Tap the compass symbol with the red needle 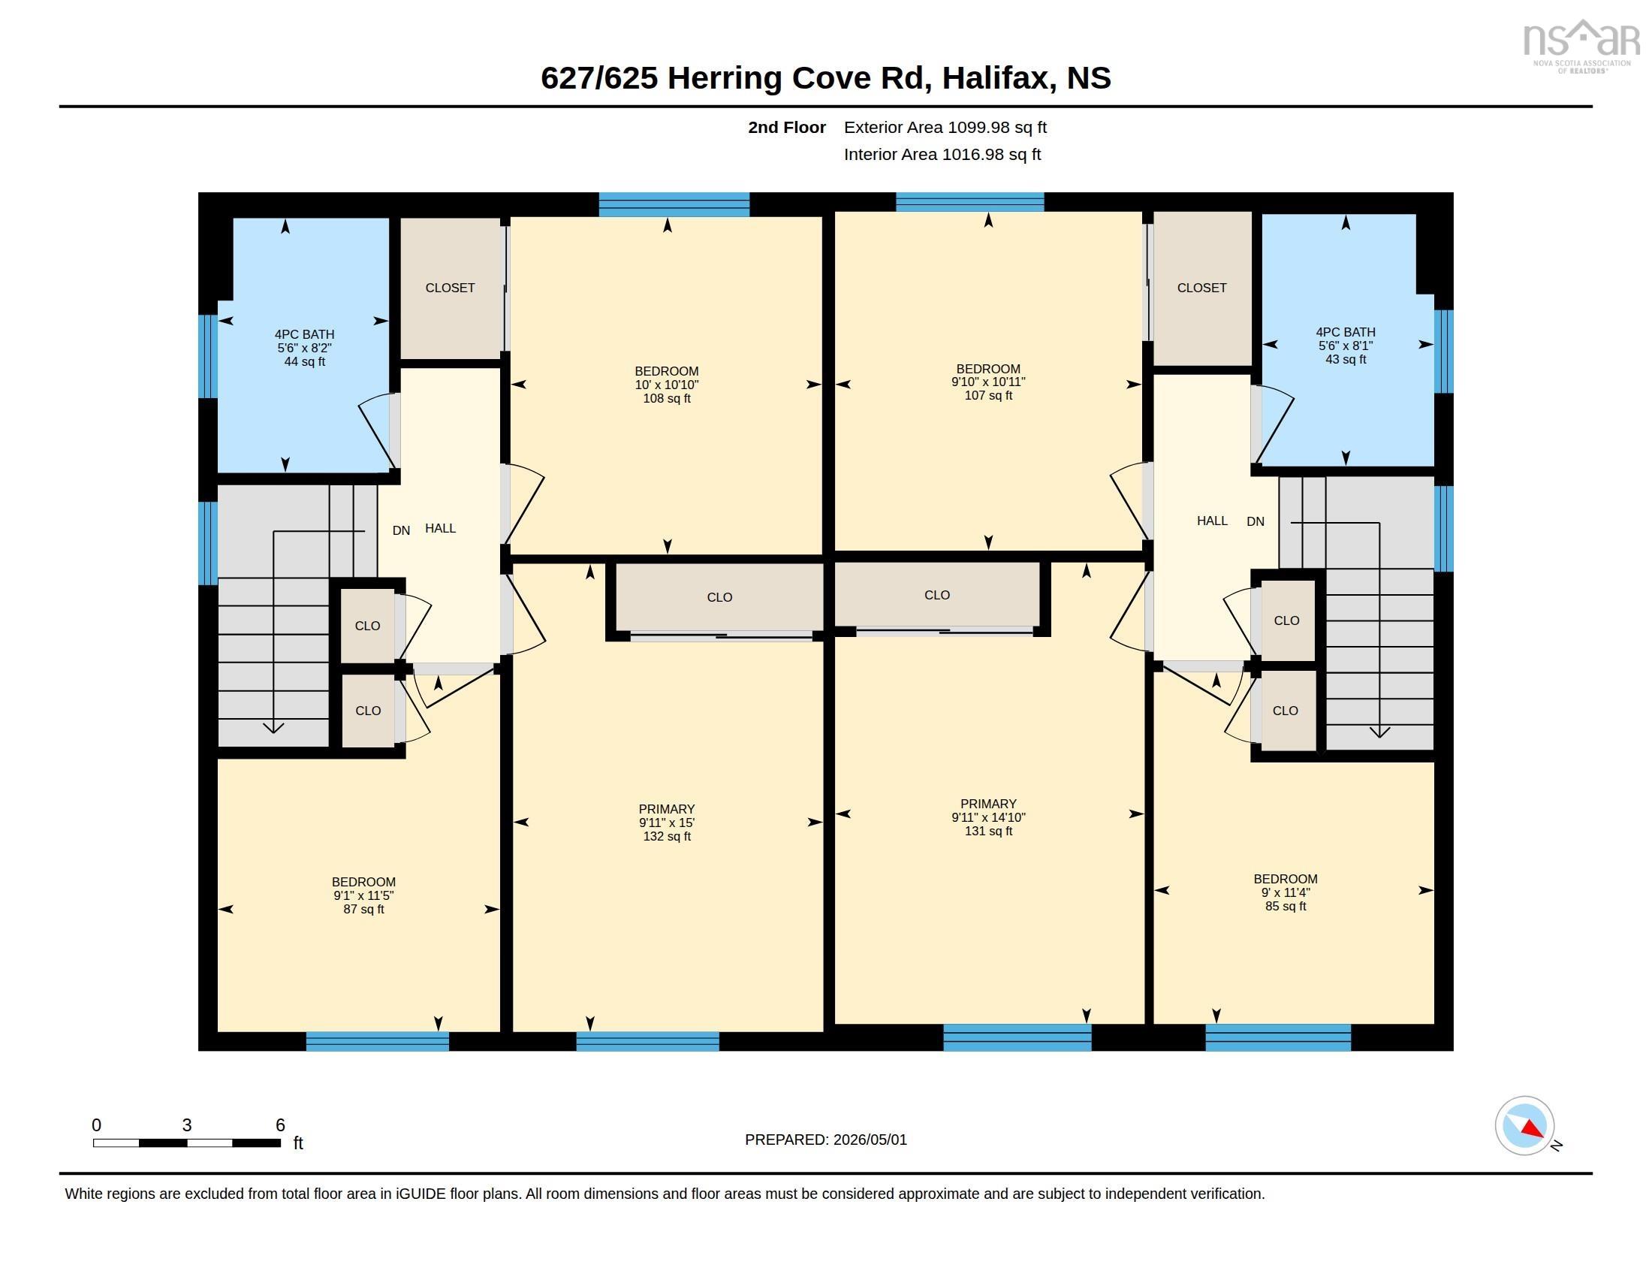tap(1524, 1126)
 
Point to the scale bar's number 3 tap(187, 1125)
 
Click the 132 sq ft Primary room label tap(666, 823)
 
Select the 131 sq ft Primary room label tap(988, 817)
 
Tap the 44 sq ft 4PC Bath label tap(304, 348)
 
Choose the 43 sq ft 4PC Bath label tap(1346, 346)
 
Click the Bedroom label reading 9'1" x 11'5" tap(364, 895)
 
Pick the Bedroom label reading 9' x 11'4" tap(1285, 892)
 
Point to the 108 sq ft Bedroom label tap(666, 385)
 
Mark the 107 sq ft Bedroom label tap(988, 382)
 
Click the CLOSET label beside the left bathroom tap(450, 288)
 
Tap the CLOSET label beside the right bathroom tap(1202, 288)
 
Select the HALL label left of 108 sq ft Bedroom tap(440, 528)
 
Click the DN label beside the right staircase tap(1256, 521)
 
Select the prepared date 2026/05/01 tap(870, 1140)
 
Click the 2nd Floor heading tap(787, 127)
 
